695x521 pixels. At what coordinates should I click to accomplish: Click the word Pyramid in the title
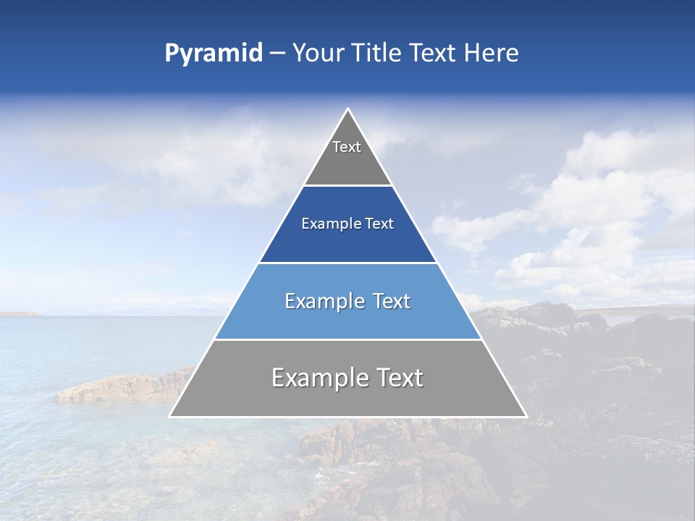pos(213,54)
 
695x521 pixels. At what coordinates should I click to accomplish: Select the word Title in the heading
pos(376,54)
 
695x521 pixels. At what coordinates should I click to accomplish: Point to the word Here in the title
pos(492,54)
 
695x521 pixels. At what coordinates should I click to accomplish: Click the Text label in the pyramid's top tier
pos(347,147)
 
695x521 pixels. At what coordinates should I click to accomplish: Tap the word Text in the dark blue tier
pos(379,224)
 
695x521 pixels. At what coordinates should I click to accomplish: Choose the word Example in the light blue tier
pos(321,301)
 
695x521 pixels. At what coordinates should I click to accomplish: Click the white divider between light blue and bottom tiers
pos(347,339)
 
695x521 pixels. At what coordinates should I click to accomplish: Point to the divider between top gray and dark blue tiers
pos(347,185)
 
